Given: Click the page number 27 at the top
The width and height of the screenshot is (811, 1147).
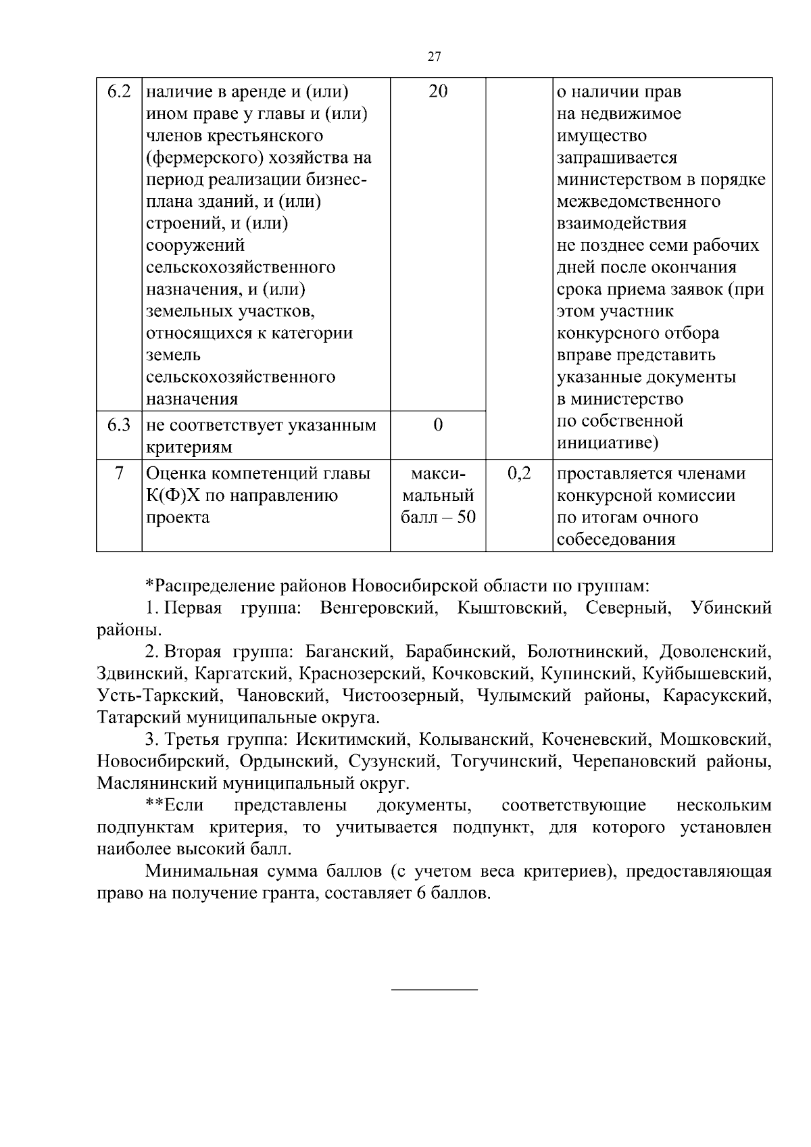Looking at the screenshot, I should tap(435, 57).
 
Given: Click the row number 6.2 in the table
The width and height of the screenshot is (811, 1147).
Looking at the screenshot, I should tap(119, 91).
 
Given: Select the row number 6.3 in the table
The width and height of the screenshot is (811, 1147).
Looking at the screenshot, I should tap(119, 425).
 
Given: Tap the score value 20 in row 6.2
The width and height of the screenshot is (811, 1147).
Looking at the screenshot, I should tap(438, 91).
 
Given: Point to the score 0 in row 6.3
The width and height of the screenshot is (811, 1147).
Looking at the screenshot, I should tap(438, 425).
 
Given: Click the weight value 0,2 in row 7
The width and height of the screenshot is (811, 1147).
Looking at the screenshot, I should tap(519, 474).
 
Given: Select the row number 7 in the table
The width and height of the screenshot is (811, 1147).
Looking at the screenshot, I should tap(119, 474).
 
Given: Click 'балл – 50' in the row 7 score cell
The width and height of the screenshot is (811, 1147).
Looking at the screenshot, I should tap(438, 518).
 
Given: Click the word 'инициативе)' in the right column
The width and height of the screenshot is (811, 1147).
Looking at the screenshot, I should tap(608, 443).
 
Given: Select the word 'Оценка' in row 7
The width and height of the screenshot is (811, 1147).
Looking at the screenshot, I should tap(174, 474).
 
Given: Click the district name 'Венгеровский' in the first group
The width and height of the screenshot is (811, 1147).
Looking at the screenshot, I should tap(376, 608).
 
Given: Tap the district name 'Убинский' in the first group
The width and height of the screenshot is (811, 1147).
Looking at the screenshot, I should tap(731, 608).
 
